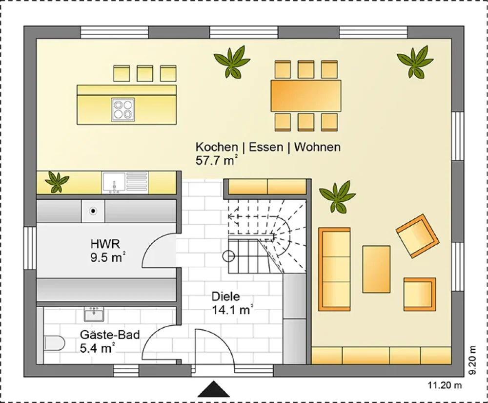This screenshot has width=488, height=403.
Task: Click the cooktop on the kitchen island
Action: click(123, 109)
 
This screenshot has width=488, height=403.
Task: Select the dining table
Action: click(305, 96)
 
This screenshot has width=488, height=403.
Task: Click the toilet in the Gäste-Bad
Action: click(55, 343)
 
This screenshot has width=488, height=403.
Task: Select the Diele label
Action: click(225, 296)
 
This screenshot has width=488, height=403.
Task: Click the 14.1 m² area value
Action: click(232, 310)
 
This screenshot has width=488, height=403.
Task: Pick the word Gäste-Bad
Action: click(110, 335)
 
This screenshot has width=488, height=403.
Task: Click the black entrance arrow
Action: click(214, 389)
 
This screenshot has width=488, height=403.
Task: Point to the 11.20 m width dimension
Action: click(445, 385)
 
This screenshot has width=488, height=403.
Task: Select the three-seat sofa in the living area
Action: click(334, 269)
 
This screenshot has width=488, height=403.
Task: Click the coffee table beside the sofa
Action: click(376, 269)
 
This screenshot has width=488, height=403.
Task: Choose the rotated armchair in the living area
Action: click(417, 236)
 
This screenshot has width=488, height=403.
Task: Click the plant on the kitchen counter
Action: click(57, 182)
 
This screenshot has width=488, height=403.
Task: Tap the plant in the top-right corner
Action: click(415, 62)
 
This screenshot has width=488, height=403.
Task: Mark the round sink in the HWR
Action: click(93, 211)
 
